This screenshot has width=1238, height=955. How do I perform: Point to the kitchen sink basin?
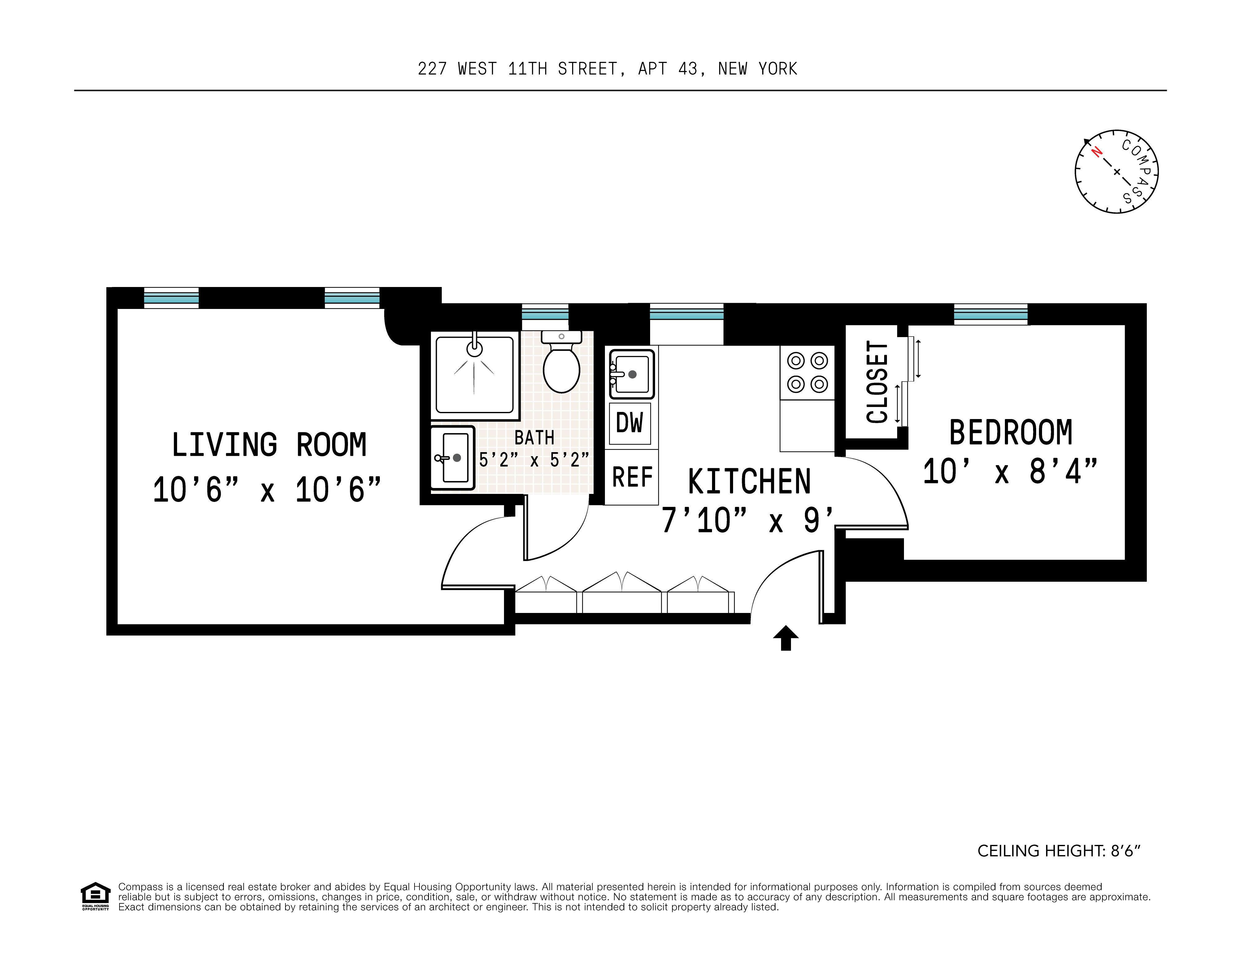(x=632, y=374)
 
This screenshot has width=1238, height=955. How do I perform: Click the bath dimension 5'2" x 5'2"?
(x=534, y=459)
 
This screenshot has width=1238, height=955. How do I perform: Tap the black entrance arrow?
(x=786, y=638)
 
